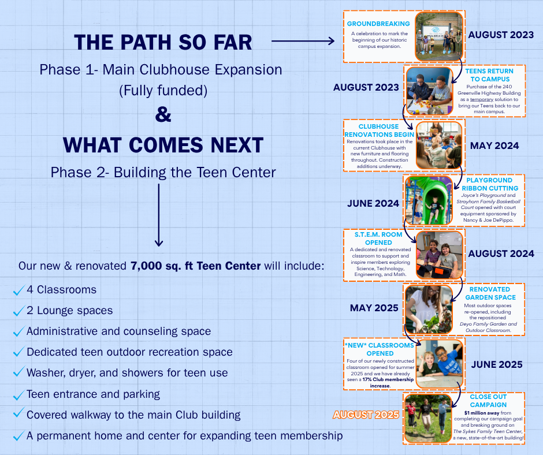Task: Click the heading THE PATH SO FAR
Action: point(163,42)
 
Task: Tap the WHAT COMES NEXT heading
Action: point(163,144)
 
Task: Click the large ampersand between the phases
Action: point(163,115)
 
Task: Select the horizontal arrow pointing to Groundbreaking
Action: point(303,41)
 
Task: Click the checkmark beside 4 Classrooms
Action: point(18,290)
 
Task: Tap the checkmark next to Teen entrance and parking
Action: point(18,395)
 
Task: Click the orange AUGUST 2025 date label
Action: point(366,415)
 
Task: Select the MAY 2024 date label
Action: point(494,146)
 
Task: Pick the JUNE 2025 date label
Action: point(497,364)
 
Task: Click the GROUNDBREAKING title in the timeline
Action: point(378,24)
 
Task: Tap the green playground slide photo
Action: point(429,200)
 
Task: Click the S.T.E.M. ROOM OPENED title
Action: point(378,238)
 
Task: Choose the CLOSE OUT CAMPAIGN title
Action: point(488,401)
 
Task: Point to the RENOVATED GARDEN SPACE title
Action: point(489,293)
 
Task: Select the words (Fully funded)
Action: point(163,91)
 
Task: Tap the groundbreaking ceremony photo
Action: point(439,36)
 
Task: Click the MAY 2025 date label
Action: point(374,308)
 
